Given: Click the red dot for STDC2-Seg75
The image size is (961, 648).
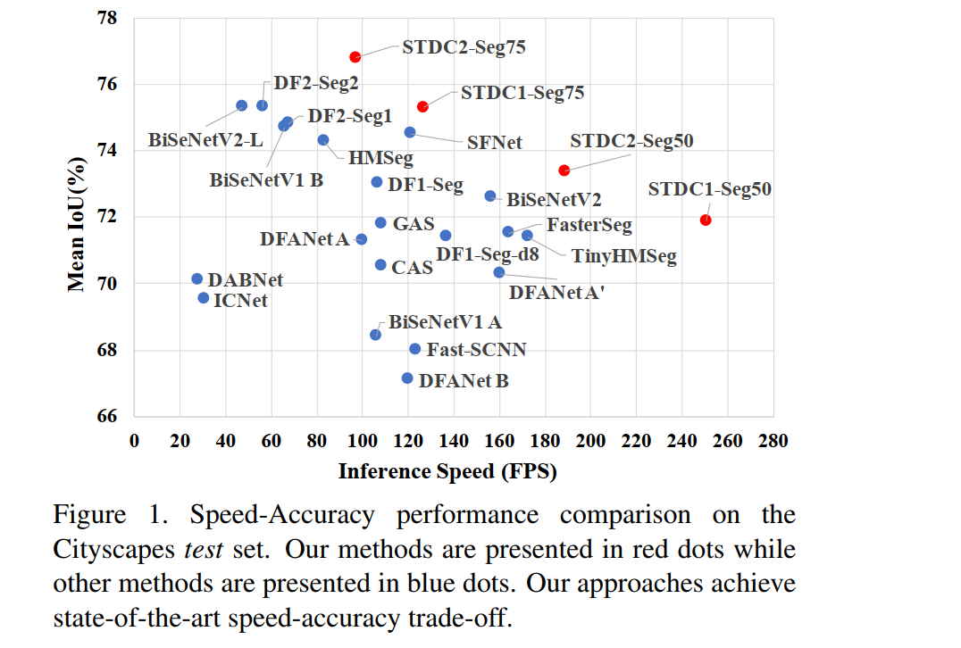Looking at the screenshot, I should (355, 57).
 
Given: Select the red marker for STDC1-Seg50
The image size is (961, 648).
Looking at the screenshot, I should (706, 220).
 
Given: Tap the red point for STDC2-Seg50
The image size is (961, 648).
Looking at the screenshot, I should (564, 170).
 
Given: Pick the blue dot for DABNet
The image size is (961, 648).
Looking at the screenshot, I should (197, 279).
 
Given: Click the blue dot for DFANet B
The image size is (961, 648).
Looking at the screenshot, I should (407, 378).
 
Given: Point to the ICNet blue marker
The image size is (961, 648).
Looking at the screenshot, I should (204, 298).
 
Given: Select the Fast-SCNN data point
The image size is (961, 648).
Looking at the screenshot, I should (415, 349).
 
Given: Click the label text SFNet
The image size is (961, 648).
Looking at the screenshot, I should (494, 143).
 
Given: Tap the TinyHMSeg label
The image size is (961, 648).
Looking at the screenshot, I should (623, 257).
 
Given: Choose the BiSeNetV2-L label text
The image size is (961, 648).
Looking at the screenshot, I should (205, 141).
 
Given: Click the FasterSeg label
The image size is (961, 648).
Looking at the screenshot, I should (589, 225).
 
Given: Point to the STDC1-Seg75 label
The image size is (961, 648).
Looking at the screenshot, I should (522, 93).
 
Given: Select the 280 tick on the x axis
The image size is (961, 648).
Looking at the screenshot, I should (773, 441).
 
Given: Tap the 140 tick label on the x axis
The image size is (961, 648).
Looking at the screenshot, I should (454, 441).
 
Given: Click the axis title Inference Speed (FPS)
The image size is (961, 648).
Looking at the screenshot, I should (447, 471).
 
